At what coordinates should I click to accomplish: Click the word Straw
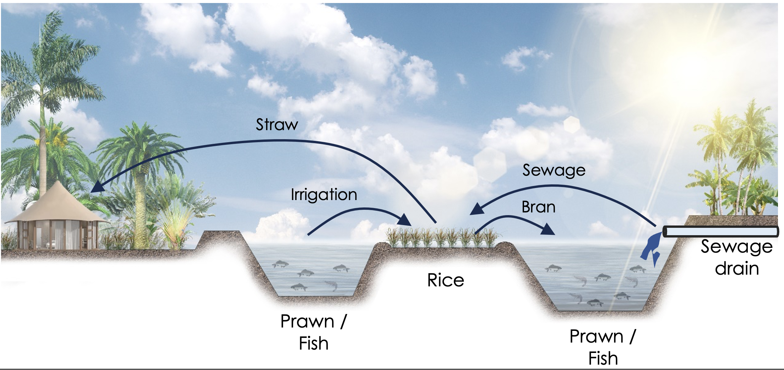(277, 125)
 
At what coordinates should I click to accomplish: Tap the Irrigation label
(324, 195)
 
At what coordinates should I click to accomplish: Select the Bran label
(538, 207)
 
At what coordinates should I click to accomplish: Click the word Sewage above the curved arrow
(554, 170)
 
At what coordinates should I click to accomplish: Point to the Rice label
(446, 280)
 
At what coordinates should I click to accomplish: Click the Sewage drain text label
(736, 258)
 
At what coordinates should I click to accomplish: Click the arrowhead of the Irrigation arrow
(405, 220)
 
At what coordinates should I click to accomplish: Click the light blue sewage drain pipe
(720, 232)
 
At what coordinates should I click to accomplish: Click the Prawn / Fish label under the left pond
(313, 332)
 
